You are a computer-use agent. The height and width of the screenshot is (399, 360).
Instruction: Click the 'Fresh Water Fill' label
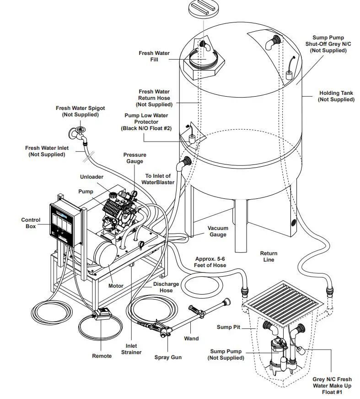(x=154, y=56)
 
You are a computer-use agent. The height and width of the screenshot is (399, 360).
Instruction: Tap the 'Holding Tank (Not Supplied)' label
(x=336, y=96)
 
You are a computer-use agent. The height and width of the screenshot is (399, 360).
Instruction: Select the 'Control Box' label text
(x=31, y=223)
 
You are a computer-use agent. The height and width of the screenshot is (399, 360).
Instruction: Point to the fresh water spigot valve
(x=79, y=132)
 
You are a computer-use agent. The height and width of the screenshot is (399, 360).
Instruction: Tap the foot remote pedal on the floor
(x=103, y=315)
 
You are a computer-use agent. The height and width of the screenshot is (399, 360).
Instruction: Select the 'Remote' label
(x=102, y=356)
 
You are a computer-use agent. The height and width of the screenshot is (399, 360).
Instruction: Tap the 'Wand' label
(x=191, y=339)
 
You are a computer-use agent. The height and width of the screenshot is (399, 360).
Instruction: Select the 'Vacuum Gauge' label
(x=218, y=231)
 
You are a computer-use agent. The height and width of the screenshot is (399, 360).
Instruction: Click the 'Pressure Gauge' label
(x=134, y=158)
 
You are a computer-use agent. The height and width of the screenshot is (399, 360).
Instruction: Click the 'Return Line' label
(x=269, y=257)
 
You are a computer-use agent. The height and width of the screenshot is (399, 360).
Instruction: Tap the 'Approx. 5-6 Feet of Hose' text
(x=210, y=262)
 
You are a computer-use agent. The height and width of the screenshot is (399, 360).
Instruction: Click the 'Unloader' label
(x=91, y=176)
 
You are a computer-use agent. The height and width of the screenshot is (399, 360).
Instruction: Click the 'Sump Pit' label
(x=228, y=327)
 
